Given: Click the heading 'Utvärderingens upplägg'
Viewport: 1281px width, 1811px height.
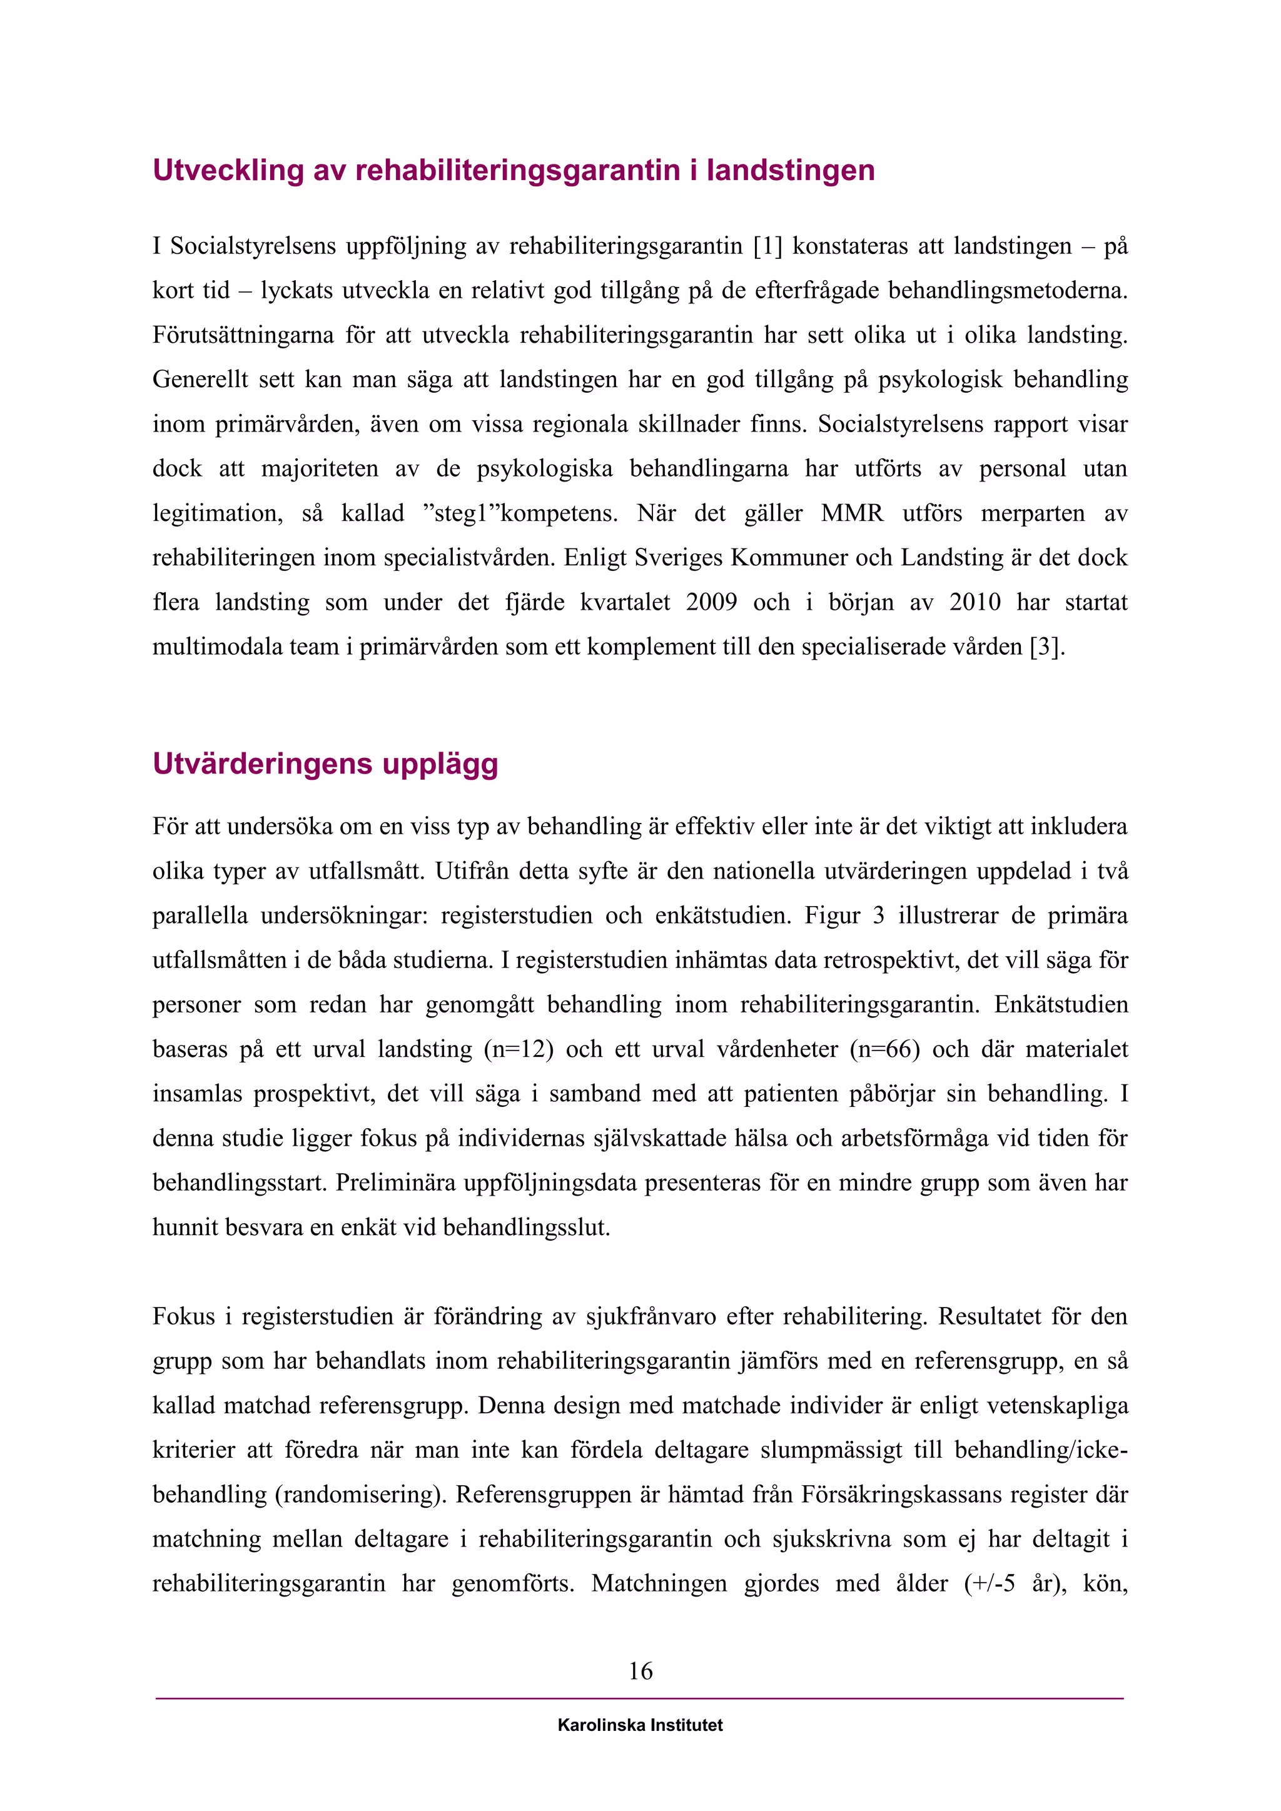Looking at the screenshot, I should [x=325, y=764].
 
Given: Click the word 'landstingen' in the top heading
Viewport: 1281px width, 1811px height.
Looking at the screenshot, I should [x=791, y=170].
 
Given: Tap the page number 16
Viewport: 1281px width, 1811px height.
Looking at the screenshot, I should [x=640, y=1670].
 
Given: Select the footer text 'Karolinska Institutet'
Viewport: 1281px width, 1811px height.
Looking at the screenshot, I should [x=640, y=1725].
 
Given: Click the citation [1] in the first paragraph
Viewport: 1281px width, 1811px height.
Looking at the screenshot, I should [x=767, y=246].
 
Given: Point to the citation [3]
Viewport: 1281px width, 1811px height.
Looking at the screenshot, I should [x=1048, y=647].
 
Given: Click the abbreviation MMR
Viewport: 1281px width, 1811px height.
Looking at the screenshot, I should [x=852, y=513].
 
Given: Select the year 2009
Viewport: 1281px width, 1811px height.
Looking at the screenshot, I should [x=711, y=603].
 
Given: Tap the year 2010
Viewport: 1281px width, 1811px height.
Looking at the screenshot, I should [x=975, y=603].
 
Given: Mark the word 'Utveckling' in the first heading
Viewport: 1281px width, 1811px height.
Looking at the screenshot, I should [x=228, y=170].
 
